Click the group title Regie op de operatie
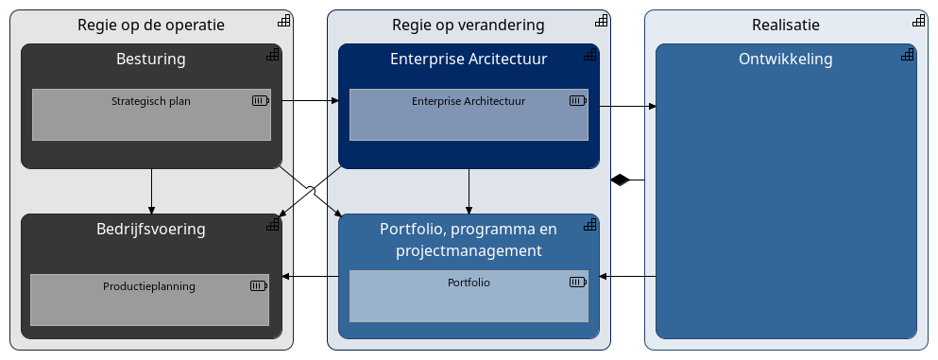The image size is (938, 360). click(x=151, y=25)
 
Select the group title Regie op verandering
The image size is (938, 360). click(x=469, y=25)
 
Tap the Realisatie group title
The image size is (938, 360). click(x=785, y=25)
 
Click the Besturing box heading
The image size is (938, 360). click(x=151, y=60)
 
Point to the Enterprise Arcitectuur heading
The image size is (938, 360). click(x=469, y=60)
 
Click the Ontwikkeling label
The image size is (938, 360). click(x=785, y=60)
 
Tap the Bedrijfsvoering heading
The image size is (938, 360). click(x=151, y=229)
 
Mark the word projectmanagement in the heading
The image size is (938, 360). click(x=469, y=251)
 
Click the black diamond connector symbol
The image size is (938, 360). click(x=620, y=180)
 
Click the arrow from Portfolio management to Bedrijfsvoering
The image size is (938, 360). click(x=311, y=277)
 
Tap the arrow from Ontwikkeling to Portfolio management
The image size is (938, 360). click(x=628, y=277)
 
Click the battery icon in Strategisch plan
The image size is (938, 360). click(x=260, y=100)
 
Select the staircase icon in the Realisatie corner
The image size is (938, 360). click(x=918, y=21)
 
